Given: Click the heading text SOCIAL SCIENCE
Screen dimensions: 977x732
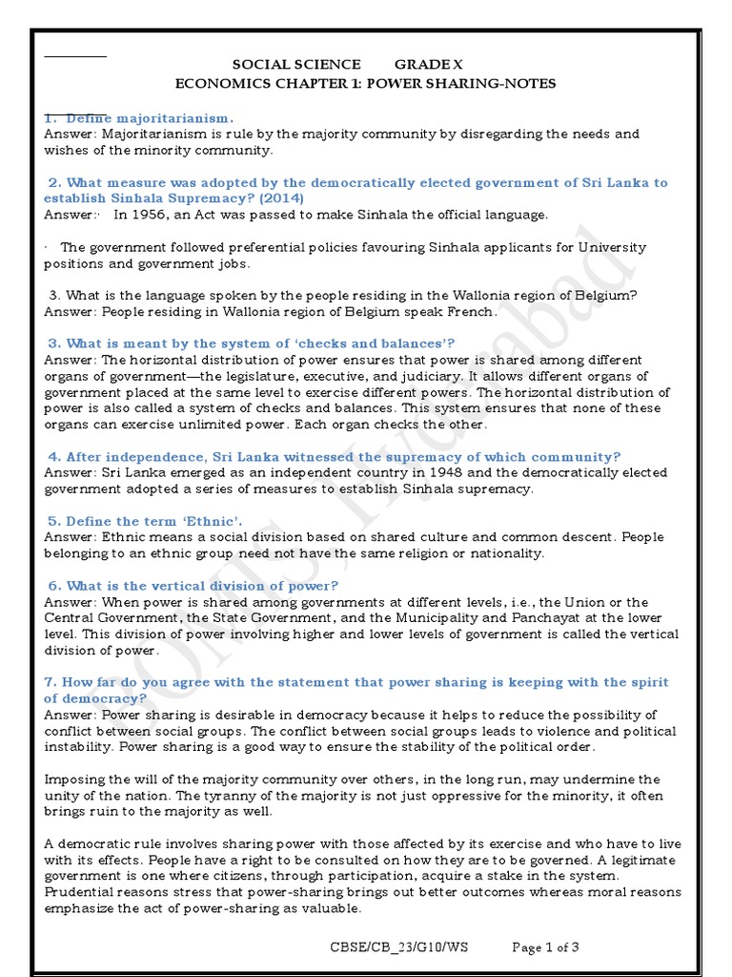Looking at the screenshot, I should tap(296, 65).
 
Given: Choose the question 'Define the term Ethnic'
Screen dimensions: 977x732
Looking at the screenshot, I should tap(145, 521).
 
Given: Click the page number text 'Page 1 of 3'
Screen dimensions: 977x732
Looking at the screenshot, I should tap(545, 947).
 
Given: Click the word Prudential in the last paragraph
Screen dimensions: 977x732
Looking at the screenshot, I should tap(80, 892).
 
